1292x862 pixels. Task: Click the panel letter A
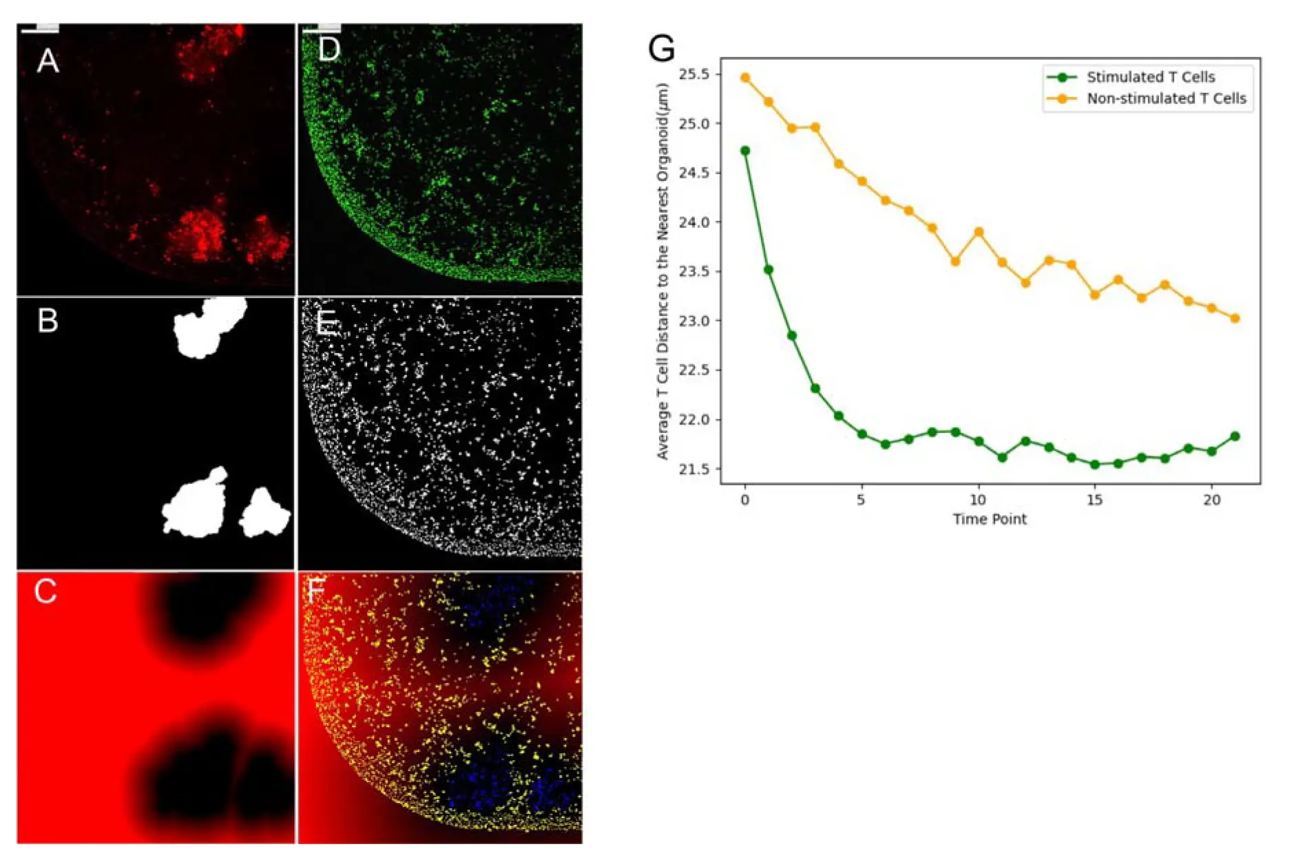click(48, 61)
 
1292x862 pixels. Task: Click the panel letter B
click(48, 320)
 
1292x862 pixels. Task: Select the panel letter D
click(329, 50)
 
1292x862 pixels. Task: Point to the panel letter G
click(661, 48)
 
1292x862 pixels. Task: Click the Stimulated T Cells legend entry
click(1150, 77)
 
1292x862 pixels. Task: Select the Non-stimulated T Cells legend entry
click(1166, 98)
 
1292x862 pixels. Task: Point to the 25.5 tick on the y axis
click(695, 74)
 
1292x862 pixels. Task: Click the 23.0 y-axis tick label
click(695, 321)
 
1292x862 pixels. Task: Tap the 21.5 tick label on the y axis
click(695, 469)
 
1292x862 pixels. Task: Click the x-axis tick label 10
click(978, 500)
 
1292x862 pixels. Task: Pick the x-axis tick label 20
click(1211, 500)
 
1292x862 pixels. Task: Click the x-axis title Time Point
click(990, 519)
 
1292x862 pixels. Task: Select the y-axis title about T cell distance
click(663, 271)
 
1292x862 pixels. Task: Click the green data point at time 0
click(744, 151)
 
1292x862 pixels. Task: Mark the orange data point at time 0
click(744, 78)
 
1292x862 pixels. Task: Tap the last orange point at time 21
click(1235, 318)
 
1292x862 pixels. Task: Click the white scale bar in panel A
click(39, 29)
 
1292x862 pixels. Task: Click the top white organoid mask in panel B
click(208, 326)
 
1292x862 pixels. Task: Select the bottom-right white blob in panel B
click(265, 513)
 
